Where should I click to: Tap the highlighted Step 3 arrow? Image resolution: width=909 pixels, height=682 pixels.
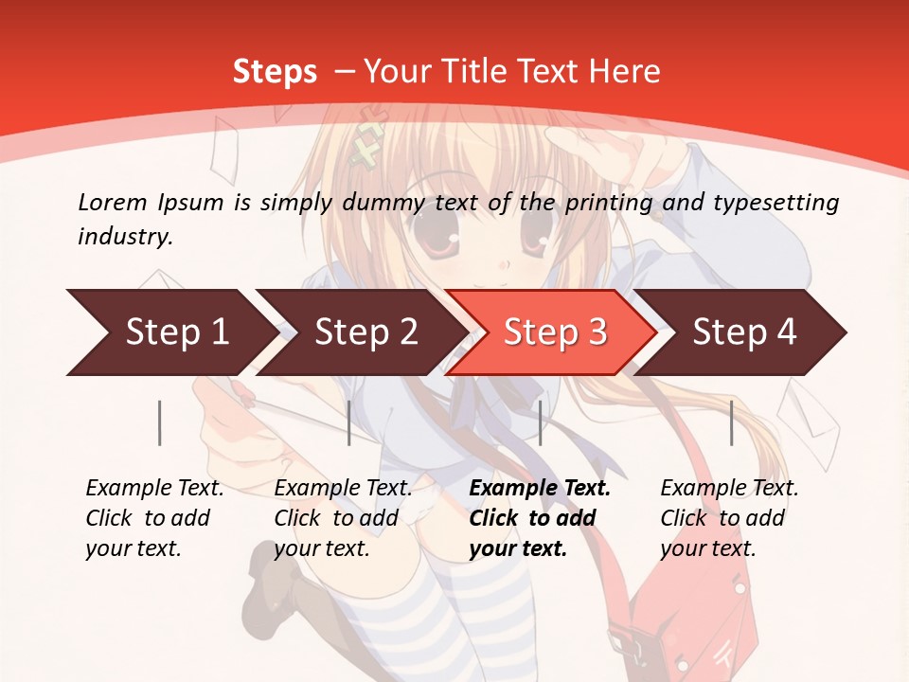[x=555, y=332]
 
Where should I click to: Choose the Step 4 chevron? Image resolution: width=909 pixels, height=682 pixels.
[x=744, y=332]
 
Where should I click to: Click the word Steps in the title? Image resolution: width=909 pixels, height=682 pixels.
[x=275, y=72]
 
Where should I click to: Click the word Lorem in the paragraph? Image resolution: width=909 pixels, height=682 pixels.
[x=111, y=202]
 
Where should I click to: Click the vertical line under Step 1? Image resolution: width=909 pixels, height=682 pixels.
[x=160, y=422]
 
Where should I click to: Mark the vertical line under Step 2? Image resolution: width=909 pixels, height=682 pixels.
[x=349, y=422]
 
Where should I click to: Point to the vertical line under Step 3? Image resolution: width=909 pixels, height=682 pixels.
[x=540, y=422]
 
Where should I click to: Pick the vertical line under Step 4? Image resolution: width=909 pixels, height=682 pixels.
[x=732, y=422]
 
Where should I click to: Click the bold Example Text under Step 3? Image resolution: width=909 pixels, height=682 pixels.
[x=540, y=489]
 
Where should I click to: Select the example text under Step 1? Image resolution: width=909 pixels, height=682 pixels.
[x=154, y=518]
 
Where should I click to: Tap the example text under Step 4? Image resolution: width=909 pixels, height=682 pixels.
[x=729, y=518]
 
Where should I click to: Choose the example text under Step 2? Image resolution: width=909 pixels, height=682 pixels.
[x=343, y=518]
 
